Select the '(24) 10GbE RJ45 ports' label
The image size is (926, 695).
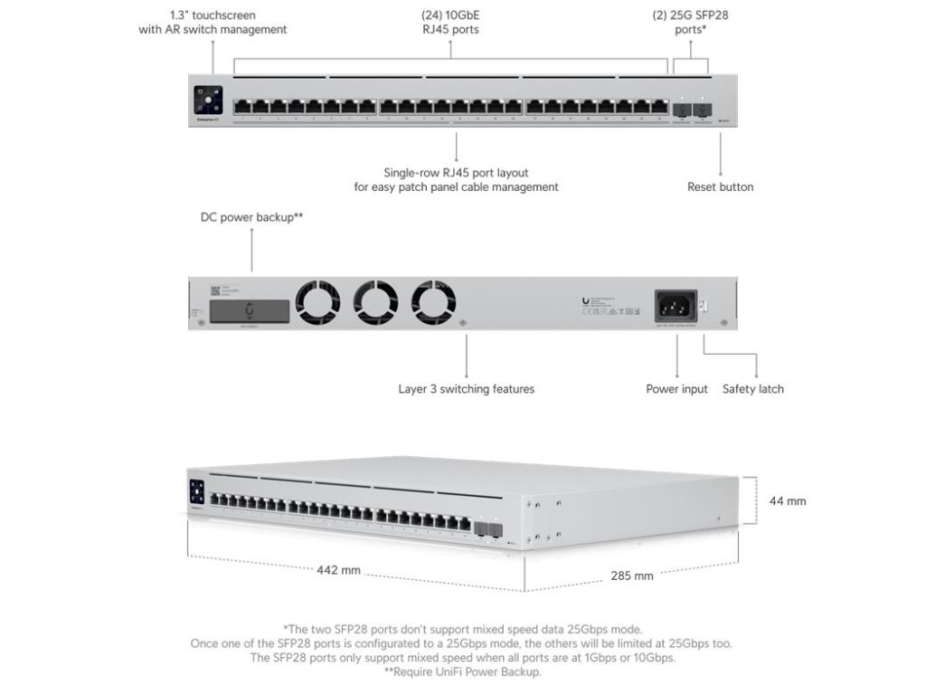point(450,22)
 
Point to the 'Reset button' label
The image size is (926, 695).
point(720,187)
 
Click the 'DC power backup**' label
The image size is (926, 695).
point(251,218)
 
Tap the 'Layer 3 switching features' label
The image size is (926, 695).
point(466,389)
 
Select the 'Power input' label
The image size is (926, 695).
point(676,389)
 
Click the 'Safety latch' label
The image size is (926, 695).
point(752,389)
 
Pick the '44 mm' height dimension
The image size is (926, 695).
point(788,500)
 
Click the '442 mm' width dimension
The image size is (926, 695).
point(338,570)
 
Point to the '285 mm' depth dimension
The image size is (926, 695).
point(631,576)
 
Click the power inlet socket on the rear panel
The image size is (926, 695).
point(676,305)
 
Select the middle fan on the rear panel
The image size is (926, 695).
point(376,301)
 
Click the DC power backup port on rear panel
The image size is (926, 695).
point(250,311)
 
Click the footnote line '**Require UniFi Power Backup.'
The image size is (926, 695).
point(462,672)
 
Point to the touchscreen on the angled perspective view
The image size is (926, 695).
point(197,493)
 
